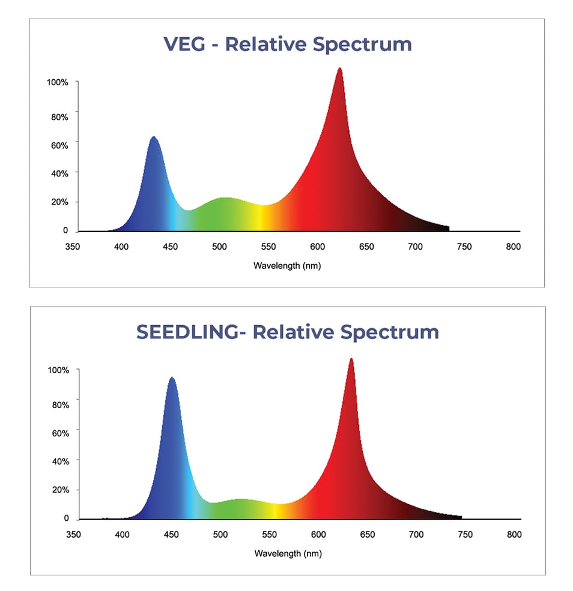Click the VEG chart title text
[288, 44]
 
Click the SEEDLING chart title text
[288, 332]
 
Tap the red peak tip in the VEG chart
[340, 69]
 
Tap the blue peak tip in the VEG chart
[154, 138]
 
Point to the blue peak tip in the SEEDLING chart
[172, 379]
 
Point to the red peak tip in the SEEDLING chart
[351, 360]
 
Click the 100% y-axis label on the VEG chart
[58, 82]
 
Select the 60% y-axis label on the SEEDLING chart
[59, 433]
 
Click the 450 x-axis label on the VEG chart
[171, 247]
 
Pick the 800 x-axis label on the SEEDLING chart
[514, 535]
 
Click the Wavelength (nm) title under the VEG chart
[287, 266]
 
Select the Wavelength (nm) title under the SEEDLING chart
[288, 554]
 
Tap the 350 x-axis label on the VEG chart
[73, 247]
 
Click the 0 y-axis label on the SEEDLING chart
[66, 518]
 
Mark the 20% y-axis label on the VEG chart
[59, 202]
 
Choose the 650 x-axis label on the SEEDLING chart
[367, 535]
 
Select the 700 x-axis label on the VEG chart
[415, 247]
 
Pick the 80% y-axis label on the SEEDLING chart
[59, 404]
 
